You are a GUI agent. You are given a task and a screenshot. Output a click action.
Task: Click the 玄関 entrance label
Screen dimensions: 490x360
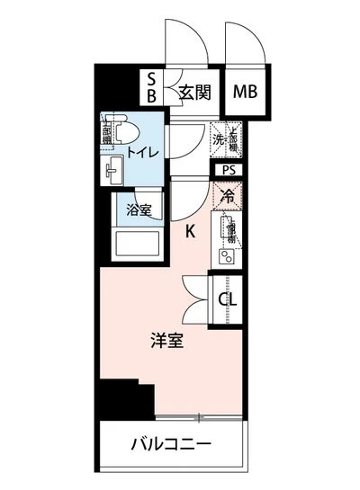click(193, 91)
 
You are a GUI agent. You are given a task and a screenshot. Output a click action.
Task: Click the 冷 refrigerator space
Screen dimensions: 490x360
click(227, 194)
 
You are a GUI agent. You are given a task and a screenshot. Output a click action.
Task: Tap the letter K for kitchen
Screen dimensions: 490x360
click(190, 231)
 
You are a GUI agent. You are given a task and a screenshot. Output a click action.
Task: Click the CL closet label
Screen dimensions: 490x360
click(229, 299)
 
